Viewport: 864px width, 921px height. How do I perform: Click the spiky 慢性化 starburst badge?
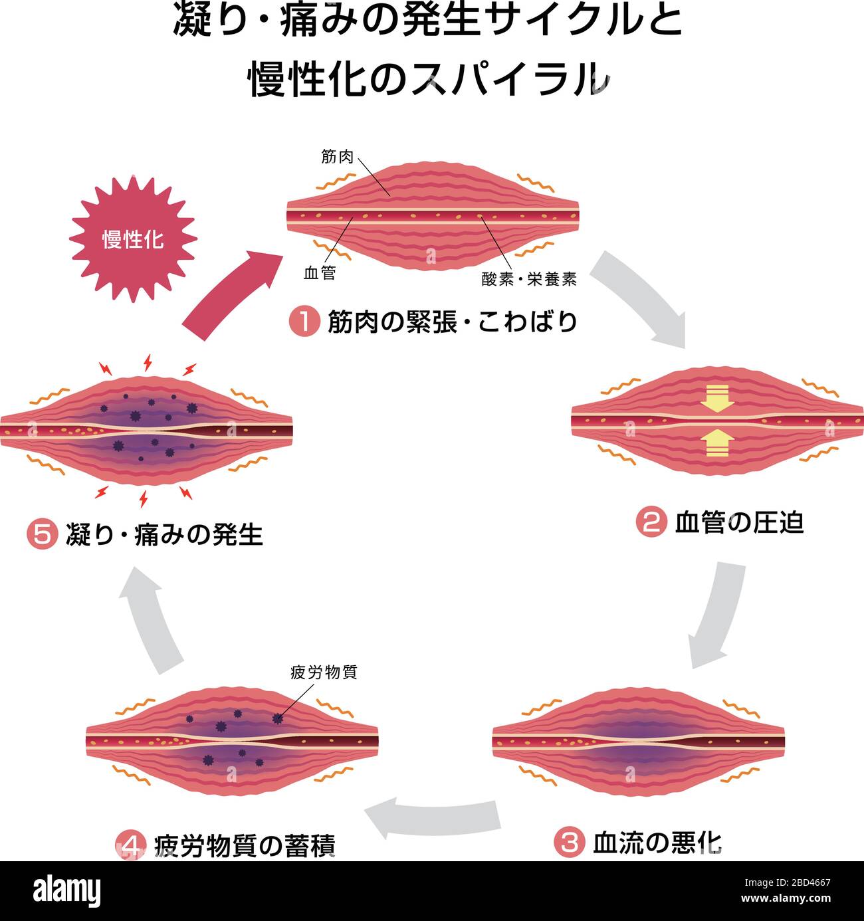point(133,239)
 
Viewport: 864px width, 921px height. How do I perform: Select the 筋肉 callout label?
point(338,157)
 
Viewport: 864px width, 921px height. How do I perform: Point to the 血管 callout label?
point(320,273)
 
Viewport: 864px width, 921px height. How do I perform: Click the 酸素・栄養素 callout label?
point(529,279)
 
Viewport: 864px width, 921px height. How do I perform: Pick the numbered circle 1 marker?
point(304,322)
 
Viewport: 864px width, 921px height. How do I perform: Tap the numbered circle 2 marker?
point(651,523)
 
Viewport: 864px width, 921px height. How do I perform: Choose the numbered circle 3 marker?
point(570,843)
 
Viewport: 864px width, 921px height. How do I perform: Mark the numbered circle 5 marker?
point(43,535)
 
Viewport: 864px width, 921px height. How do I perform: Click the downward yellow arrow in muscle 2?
point(717,398)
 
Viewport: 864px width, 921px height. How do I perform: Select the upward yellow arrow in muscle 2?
point(717,443)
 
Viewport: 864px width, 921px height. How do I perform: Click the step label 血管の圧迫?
point(739,523)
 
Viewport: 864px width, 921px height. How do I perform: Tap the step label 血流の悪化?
point(657,843)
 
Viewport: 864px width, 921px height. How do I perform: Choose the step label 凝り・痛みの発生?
point(164,535)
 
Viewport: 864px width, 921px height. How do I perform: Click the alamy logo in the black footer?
point(67,891)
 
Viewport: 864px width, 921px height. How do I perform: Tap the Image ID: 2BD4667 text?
point(788,883)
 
